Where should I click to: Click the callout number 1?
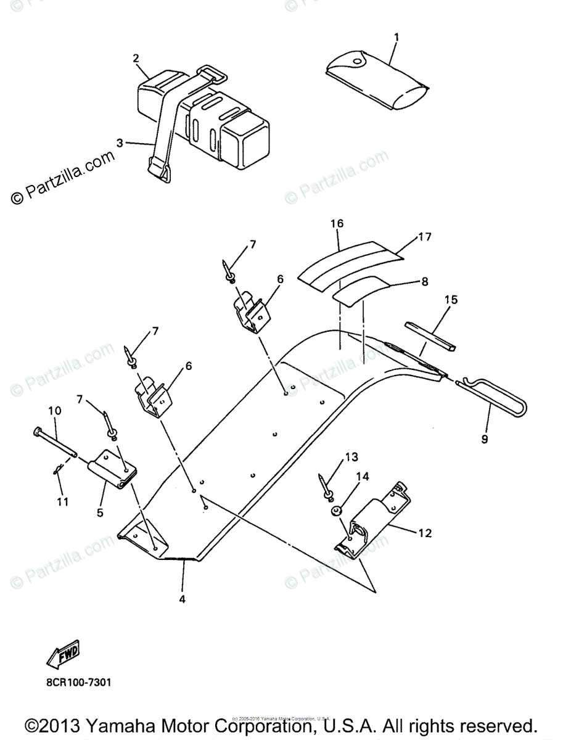point(397,38)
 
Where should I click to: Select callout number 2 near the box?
point(136,59)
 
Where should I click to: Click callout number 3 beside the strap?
point(119,142)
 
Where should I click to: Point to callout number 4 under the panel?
point(183,598)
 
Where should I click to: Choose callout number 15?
point(451,300)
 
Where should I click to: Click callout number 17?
point(424,236)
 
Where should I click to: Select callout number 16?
point(337,223)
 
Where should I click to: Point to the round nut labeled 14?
point(337,511)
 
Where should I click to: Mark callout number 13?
point(351,457)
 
